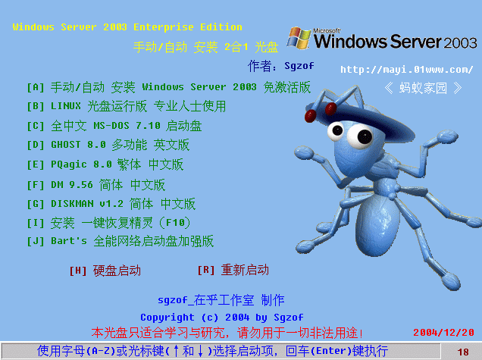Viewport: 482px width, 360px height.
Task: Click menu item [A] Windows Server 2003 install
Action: pyautogui.click(x=169, y=87)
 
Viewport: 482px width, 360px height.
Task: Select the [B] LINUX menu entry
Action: pyautogui.click(x=127, y=106)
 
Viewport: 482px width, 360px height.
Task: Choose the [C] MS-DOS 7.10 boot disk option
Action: pyautogui.click(x=114, y=126)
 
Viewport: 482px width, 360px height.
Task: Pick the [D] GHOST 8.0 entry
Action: pyautogui.click(x=108, y=145)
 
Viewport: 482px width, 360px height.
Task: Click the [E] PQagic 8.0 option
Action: pyautogui.click(x=105, y=164)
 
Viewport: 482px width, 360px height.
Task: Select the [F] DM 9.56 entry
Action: pyautogui.click(x=96, y=185)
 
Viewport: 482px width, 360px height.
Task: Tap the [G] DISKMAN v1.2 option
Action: pyautogui.click(x=111, y=204)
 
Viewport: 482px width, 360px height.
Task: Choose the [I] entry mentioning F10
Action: pyautogui.click(x=108, y=223)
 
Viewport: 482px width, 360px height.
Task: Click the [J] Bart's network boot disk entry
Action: pyautogui.click(x=121, y=241)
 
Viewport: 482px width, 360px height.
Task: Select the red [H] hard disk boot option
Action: pyautogui.click(x=105, y=271)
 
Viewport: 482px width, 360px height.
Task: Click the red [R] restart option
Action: pyautogui.click(x=233, y=271)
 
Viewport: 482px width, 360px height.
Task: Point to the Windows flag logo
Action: pyautogui.click(x=299, y=38)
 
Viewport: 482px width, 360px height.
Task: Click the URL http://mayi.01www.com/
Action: pyautogui.click(x=406, y=70)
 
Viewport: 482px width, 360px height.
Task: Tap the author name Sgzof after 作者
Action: pyautogui.click(x=299, y=66)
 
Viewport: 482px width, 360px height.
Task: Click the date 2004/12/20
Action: pyautogui.click(x=443, y=333)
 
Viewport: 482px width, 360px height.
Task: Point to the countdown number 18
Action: pyautogui.click(x=463, y=352)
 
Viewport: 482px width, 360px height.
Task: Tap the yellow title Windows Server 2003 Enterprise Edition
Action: pyautogui.click(x=127, y=27)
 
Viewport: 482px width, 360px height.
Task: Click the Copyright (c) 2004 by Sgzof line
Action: pyautogui.click(x=221, y=318)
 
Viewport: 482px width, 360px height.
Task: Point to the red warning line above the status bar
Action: pyautogui.click(x=227, y=333)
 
